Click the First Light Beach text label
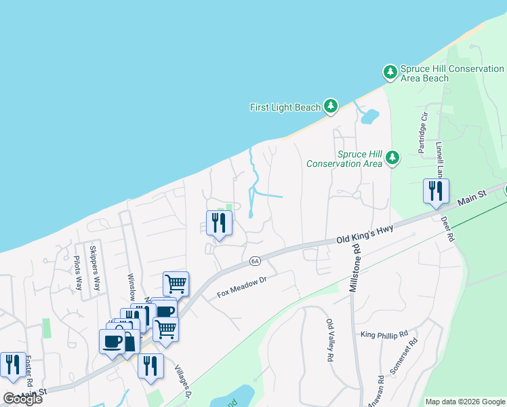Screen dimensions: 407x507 click(285, 107)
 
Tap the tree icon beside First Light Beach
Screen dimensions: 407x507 click(330, 106)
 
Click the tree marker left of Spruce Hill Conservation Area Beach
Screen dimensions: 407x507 click(390, 71)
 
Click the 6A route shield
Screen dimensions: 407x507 click(255, 260)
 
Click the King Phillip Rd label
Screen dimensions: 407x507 click(384, 334)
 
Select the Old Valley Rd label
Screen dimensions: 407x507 click(330, 341)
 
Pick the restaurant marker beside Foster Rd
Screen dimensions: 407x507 click(13, 364)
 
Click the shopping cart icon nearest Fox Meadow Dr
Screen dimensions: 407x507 click(176, 283)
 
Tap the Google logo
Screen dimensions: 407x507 click(22, 398)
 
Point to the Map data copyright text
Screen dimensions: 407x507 click(464, 402)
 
